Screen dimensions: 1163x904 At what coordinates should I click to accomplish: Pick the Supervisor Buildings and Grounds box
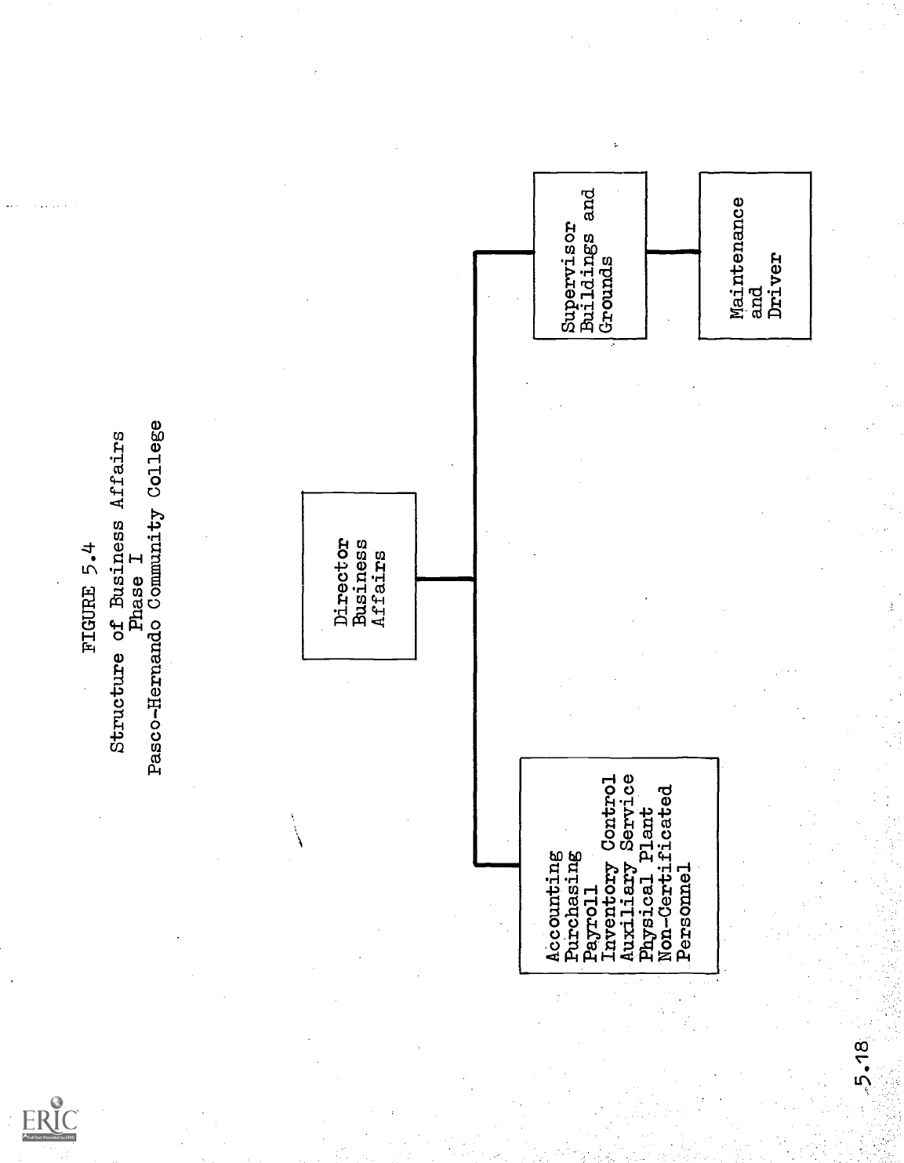tap(590, 255)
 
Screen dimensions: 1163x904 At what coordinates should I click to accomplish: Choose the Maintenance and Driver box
tap(754, 256)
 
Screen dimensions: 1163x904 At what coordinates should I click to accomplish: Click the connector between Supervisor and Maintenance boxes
tap(673, 252)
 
